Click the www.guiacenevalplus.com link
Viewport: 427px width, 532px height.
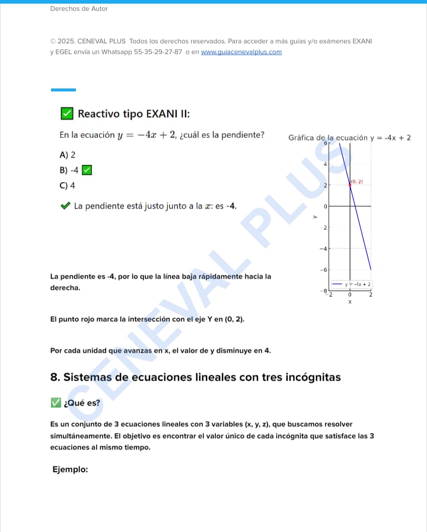coord(241,52)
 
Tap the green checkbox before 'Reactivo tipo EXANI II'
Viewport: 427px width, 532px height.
coord(67,113)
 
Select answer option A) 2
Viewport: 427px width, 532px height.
coord(68,155)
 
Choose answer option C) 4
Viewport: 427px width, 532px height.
coord(68,186)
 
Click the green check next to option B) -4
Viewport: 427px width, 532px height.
coord(87,170)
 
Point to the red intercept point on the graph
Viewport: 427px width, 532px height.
coord(350,185)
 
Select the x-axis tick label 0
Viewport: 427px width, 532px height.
coord(350,295)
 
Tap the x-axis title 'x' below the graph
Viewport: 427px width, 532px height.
coord(350,302)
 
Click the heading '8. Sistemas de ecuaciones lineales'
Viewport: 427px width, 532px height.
coord(196,377)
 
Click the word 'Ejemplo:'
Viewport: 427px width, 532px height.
coord(70,469)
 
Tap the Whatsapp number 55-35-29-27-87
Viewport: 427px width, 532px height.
coord(158,52)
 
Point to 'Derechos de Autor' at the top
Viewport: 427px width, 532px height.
coord(79,9)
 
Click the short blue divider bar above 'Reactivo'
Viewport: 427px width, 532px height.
coord(63,90)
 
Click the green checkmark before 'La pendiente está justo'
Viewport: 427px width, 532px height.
coord(65,206)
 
